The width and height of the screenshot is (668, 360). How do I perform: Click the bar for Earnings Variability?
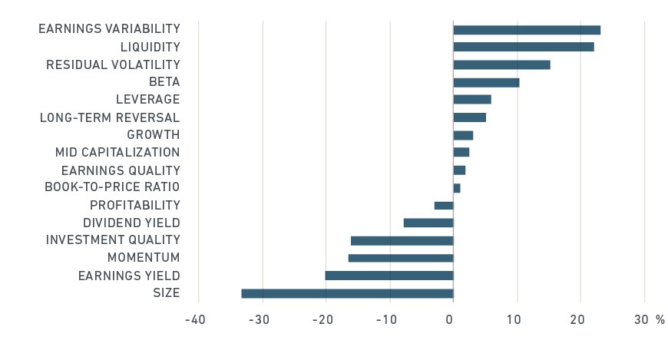tap(527, 30)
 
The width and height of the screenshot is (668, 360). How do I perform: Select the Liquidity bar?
tap(524, 47)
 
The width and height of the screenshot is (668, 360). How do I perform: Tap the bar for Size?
tap(347, 293)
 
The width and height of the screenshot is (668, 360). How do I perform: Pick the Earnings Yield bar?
tap(389, 276)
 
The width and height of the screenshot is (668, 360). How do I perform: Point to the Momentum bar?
tap(401, 258)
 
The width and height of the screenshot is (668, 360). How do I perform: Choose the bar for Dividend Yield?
tap(428, 223)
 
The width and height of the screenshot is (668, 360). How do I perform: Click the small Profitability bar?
tap(444, 206)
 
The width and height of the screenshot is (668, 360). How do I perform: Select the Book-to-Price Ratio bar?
tap(457, 188)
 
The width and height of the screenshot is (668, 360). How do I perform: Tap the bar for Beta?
tap(486, 83)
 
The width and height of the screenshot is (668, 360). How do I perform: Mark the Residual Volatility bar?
tap(502, 64)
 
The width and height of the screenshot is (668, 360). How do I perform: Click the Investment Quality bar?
tap(402, 241)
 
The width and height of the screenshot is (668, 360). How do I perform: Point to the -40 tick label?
tap(195, 319)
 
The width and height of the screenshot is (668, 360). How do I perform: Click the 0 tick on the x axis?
tap(449, 319)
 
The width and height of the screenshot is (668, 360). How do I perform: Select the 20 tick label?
tap(577, 319)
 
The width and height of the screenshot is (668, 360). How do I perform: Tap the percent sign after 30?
tap(660, 319)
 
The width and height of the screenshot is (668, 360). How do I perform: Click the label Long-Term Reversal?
tap(110, 117)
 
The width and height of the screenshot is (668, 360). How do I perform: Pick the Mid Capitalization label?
tap(117, 152)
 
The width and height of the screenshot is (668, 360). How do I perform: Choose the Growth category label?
tap(154, 134)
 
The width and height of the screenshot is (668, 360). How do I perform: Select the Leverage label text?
tap(148, 99)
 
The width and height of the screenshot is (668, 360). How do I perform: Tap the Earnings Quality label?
tap(121, 170)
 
